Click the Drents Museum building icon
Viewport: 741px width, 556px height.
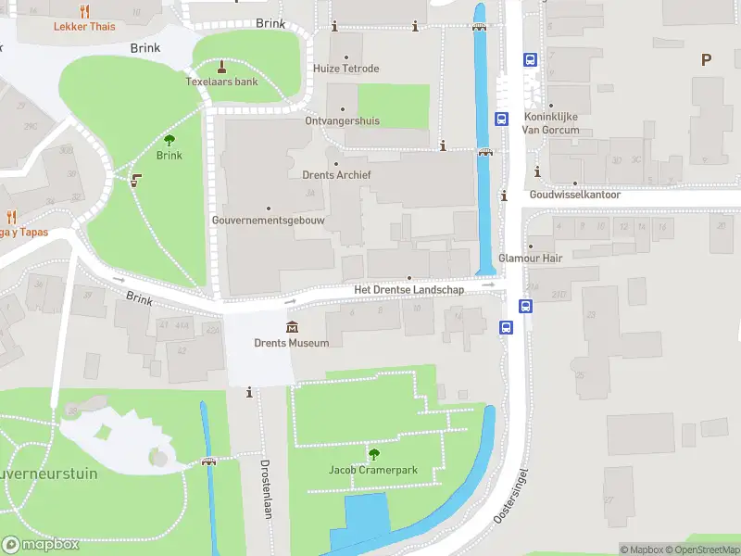coord(293,326)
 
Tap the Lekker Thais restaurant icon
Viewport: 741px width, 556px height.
coord(84,11)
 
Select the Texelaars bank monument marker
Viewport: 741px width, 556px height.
coord(221,67)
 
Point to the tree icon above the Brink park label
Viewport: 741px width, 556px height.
coord(170,140)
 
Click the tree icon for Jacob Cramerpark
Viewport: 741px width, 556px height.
coord(373,454)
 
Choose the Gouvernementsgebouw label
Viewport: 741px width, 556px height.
coord(268,221)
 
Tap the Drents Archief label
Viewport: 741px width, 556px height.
coord(336,174)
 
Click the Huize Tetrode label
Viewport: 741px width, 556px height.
coord(345,69)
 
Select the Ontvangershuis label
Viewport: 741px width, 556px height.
coord(342,121)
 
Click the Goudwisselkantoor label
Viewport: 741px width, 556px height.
coord(574,196)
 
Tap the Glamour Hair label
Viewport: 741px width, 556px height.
coord(531,259)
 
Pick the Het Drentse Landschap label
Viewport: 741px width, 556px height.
coord(408,290)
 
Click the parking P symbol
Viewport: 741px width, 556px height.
coord(706,60)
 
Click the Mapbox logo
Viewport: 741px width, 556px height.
coord(40,545)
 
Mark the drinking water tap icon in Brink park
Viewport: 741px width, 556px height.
coord(136,181)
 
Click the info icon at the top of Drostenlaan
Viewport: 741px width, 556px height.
coord(249,393)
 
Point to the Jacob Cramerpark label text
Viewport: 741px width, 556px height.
coord(373,470)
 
